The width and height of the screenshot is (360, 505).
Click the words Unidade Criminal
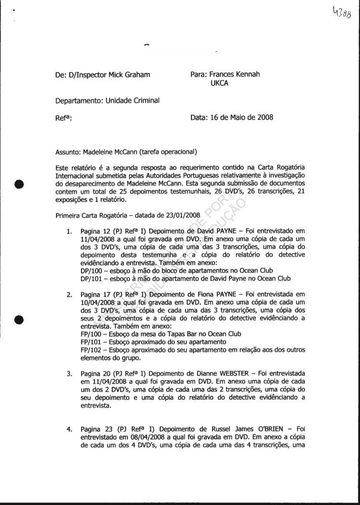tap(132, 100)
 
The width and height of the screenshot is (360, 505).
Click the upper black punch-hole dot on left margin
tap(19, 185)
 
